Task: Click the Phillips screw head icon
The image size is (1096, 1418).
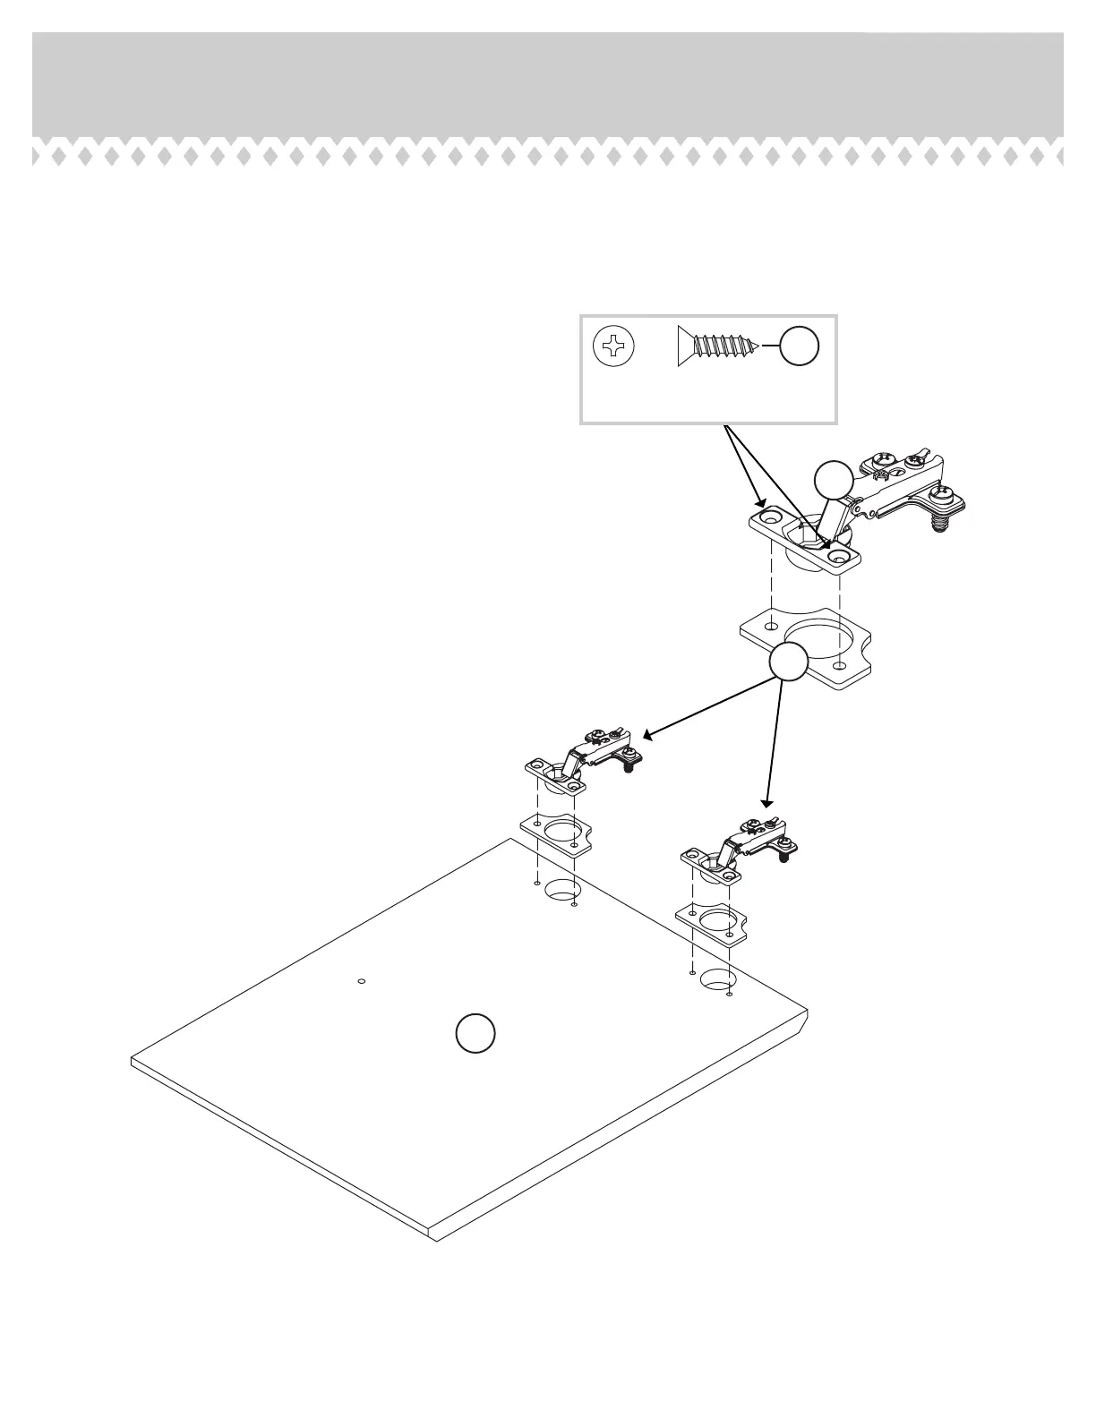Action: (x=613, y=346)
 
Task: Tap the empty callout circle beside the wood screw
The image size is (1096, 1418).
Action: (x=799, y=346)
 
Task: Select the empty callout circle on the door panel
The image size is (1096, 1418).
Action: (x=475, y=1033)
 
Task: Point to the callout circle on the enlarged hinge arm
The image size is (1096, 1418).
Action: (x=834, y=481)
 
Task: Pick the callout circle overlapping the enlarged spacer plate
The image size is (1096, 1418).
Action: (x=788, y=662)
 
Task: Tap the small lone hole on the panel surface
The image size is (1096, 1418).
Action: (x=361, y=981)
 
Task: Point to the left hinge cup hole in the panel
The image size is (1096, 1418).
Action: (x=561, y=891)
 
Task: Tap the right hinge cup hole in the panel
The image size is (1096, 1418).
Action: (x=717, y=979)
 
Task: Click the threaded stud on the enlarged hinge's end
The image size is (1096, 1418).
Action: (x=938, y=522)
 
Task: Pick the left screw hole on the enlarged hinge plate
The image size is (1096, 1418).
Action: (x=769, y=518)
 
